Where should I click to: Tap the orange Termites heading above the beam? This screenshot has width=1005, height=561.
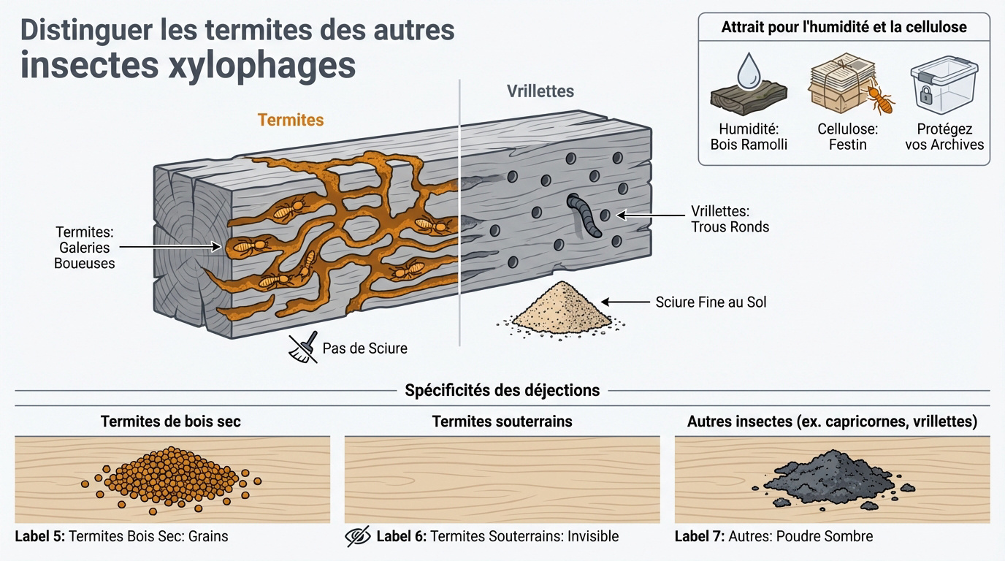coord(291,120)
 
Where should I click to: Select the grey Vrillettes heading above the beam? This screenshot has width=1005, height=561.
coord(540,91)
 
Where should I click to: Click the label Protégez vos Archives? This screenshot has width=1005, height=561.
coord(944,137)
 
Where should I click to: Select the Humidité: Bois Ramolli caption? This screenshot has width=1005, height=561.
coord(749,137)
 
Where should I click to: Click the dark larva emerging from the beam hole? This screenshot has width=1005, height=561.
coord(584,214)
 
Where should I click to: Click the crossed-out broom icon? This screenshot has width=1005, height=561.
coord(303,348)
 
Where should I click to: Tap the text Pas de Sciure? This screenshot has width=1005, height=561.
coord(364,348)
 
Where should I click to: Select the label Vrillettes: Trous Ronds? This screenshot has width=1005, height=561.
coord(730,218)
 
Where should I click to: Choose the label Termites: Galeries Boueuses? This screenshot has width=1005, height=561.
coord(84,248)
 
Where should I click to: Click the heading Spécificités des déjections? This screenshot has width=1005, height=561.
coord(502,390)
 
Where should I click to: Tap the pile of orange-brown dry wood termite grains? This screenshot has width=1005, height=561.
coord(171,479)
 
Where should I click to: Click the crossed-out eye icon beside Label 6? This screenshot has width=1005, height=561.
coord(357,537)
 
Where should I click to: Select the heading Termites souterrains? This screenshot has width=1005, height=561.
coord(502,421)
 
